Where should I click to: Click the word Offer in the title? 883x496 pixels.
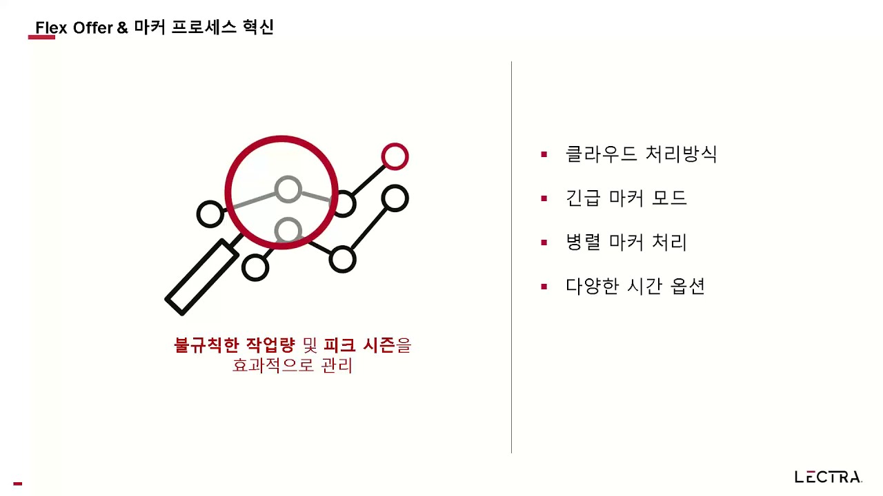(x=93, y=28)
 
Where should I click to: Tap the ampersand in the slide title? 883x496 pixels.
(x=123, y=28)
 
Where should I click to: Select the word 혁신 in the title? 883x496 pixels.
(x=258, y=27)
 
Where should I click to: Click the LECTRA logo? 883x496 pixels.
(x=829, y=477)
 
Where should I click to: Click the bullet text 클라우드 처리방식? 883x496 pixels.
(x=641, y=154)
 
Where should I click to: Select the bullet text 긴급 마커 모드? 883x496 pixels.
(x=626, y=198)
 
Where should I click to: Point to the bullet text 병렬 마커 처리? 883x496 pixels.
(x=626, y=242)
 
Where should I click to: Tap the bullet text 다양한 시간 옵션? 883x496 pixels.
(x=635, y=286)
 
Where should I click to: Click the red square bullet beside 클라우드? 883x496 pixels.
(x=544, y=154)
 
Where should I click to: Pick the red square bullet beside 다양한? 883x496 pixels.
(x=544, y=287)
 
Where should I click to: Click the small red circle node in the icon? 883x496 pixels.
(x=395, y=156)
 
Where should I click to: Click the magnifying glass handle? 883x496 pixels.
(x=202, y=277)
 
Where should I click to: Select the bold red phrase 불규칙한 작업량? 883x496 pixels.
(x=234, y=345)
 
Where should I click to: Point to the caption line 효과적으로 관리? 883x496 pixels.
(x=292, y=365)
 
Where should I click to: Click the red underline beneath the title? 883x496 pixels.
(x=41, y=37)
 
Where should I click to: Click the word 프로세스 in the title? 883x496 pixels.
(x=204, y=27)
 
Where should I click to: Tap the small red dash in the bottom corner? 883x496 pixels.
(x=18, y=484)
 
